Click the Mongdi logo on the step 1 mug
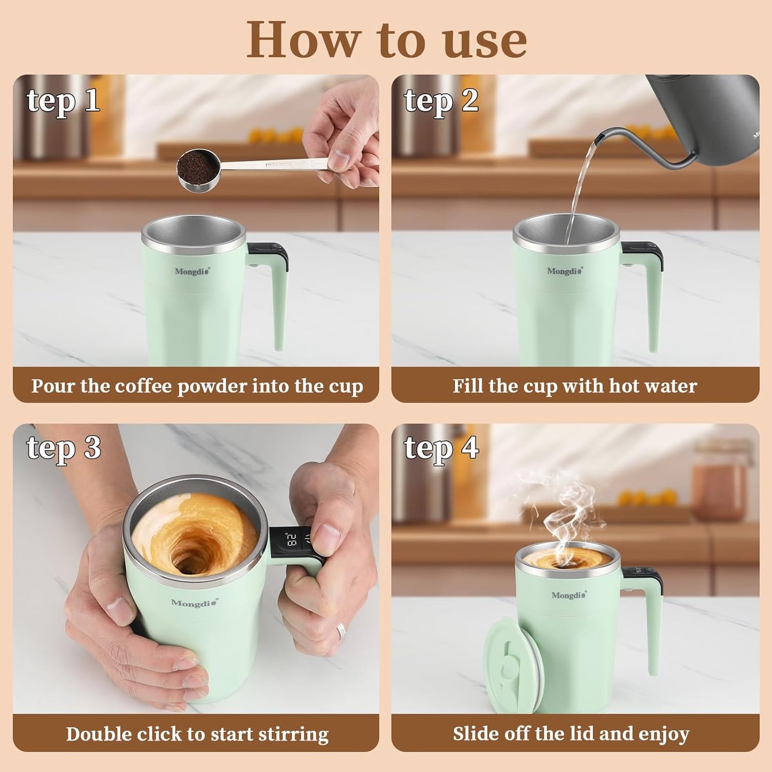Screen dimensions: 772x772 click(x=192, y=271)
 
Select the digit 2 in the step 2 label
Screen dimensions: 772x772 click(x=470, y=100)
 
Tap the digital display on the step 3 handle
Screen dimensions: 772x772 click(x=292, y=541)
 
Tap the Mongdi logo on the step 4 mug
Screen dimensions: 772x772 click(x=568, y=595)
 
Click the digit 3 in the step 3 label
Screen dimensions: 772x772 click(x=92, y=448)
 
